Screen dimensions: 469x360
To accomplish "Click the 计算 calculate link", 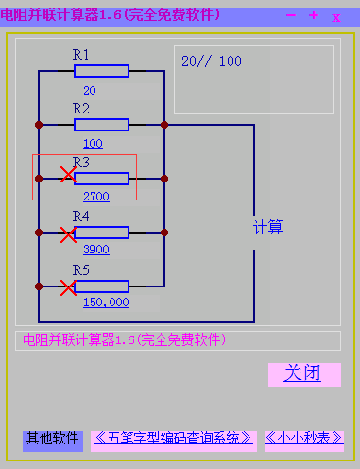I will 268,228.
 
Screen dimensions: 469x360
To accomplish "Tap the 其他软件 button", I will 53,439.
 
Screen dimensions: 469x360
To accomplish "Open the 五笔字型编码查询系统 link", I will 175,439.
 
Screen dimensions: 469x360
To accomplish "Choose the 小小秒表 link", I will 303,439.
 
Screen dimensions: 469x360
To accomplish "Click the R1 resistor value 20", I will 90,91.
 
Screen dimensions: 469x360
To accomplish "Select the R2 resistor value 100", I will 93,144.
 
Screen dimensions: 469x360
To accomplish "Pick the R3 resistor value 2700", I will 95,197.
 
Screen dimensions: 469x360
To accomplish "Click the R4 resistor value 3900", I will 95,250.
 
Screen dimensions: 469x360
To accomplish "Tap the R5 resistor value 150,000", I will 106,303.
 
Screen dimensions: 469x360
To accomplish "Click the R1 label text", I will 81,55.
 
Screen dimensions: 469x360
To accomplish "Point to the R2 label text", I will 81,109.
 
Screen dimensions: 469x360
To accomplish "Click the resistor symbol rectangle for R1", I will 101,71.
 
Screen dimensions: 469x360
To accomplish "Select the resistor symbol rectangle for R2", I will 101,124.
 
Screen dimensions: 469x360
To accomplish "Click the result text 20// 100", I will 212,61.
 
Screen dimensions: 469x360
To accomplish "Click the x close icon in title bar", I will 336,17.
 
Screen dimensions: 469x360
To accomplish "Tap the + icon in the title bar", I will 314,15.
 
